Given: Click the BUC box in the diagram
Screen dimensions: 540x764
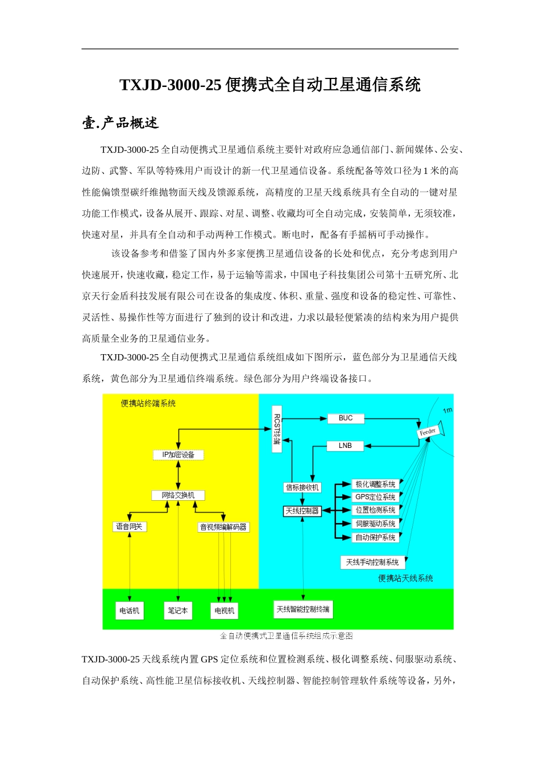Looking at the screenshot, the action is point(346,418).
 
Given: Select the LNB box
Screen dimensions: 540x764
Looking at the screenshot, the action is point(345,446).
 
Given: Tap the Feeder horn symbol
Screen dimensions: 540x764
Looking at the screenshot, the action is point(430,432).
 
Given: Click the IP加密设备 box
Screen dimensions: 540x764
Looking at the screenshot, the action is point(178,455).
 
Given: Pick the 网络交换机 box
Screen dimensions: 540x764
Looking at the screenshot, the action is point(178,496).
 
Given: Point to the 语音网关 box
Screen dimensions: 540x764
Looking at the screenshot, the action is point(130,527).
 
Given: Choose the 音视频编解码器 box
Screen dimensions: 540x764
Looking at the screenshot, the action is point(223,528).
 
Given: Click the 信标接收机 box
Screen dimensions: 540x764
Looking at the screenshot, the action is point(302,488).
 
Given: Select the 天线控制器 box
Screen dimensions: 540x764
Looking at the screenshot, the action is point(302,511).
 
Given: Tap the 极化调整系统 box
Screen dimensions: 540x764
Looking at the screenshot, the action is point(375,485).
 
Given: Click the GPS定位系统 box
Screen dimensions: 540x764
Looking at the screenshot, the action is point(375,497).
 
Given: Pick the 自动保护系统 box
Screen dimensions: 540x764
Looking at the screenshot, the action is point(375,538).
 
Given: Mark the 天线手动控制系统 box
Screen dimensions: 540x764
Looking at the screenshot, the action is point(372,562).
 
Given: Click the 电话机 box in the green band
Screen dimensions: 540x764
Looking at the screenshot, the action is point(129,611).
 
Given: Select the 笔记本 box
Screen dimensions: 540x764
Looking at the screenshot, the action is point(178,611).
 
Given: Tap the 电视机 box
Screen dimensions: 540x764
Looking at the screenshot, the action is point(225,611).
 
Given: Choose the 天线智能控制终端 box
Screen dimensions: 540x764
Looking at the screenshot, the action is point(303,609).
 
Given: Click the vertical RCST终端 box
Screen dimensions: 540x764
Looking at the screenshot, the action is point(277,429).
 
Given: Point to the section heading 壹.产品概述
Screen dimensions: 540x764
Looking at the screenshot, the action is point(121,123).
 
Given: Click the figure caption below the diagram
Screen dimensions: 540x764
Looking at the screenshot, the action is point(286,636).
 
